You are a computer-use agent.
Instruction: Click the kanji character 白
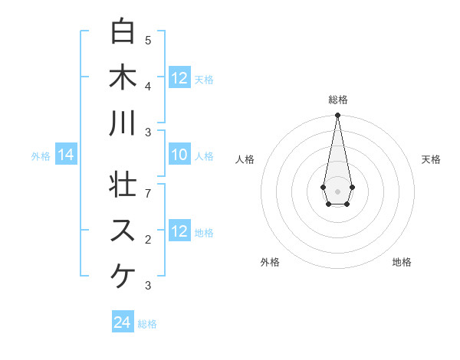[x=123, y=32]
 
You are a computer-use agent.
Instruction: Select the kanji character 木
[x=123, y=77]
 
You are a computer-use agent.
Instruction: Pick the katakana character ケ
[x=123, y=275]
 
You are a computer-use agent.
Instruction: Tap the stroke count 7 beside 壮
[x=148, y=192]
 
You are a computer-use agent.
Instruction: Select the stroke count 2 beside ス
[x=148, y=240]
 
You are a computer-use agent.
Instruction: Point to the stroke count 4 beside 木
[x=148, y=86]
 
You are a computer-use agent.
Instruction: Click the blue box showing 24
[x=123, y=322]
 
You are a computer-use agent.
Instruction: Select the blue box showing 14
[x=66, y=155]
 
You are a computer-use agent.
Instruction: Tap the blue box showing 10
[x=179, y=155]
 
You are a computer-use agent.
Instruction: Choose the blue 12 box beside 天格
[x=179, y=78]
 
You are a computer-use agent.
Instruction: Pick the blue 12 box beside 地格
[x=179, y=231]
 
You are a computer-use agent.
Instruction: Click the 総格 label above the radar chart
[x=338, y=100]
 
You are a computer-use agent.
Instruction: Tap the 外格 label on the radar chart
[x=270, y=262]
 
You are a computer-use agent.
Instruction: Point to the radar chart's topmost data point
[x=337, y=116]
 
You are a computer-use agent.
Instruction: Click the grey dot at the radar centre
[x=337, y=190]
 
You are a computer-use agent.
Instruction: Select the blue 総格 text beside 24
[x=147, y=324]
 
